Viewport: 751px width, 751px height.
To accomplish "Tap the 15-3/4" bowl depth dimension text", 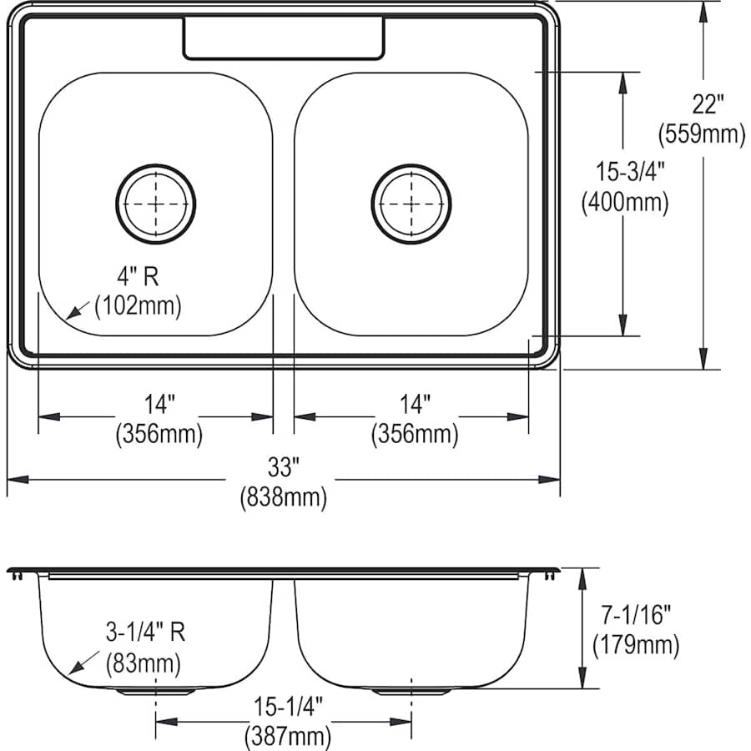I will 624,174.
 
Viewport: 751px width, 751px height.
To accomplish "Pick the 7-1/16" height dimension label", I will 633,617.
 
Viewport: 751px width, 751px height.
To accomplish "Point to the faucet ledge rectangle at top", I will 284,38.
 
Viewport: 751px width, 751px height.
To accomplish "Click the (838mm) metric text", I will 283,498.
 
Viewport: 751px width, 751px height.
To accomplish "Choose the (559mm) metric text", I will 701,134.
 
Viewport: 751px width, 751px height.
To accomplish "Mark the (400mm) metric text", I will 624,203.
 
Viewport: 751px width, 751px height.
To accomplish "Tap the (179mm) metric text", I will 635,645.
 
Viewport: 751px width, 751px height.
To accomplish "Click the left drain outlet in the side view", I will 156,692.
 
